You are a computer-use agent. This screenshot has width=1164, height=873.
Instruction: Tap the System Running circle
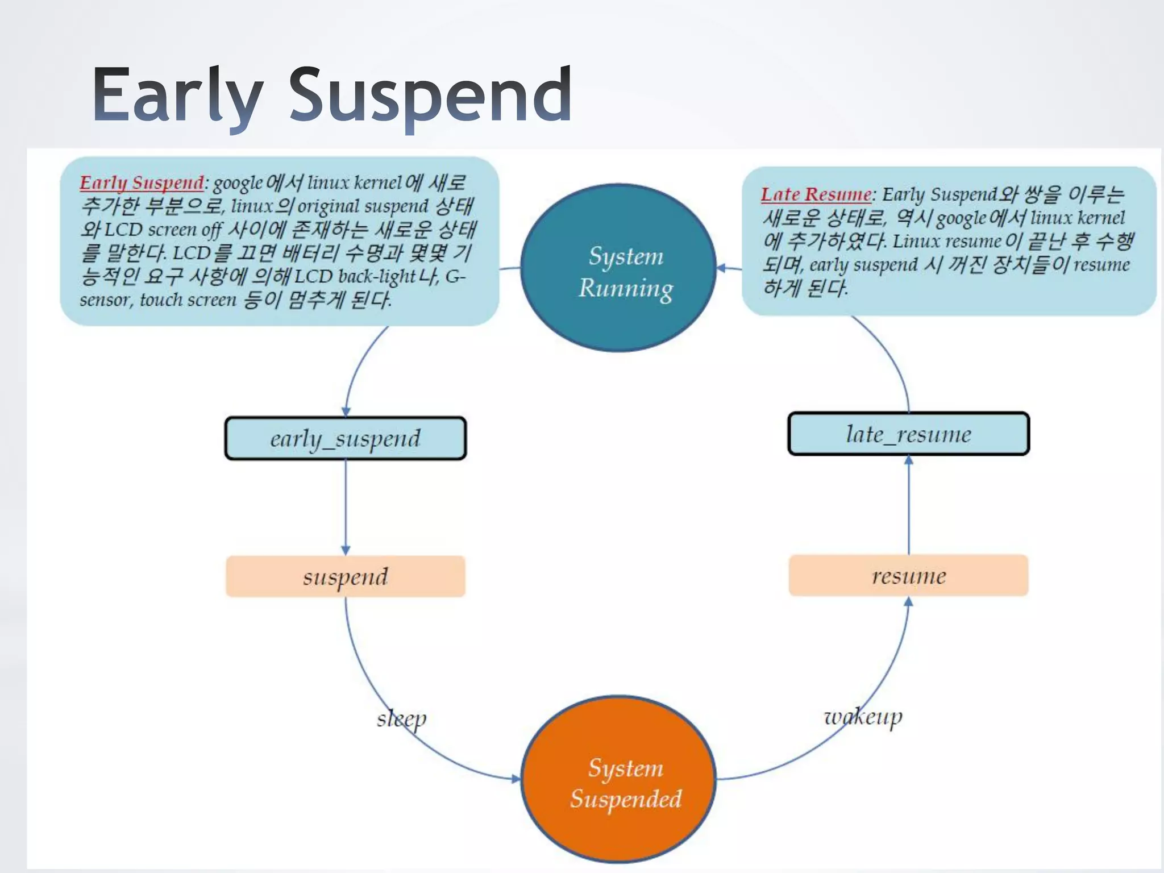tap(618, 268)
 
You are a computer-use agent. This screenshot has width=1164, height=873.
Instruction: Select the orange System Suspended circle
tap(618, 779)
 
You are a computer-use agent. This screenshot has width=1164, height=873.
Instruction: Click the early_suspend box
tap(346, 438)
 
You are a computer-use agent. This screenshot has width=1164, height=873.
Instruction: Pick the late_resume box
tap(908, 434)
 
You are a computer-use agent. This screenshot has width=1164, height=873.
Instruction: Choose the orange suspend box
tap(346, 576)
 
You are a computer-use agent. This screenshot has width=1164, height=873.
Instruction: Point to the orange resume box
tap(908, 575)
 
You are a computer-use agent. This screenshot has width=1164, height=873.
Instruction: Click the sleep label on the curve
tap(401, 720)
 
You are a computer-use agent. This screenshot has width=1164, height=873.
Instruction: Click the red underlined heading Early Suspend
tap(142, 183)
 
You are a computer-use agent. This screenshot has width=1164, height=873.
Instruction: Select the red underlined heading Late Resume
tap(816, 194)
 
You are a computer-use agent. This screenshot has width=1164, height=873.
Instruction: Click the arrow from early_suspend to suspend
tap(346, 506)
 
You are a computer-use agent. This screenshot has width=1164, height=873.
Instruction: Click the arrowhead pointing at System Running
tap(721, 268)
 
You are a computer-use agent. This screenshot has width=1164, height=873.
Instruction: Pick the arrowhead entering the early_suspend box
tap(346, 411)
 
